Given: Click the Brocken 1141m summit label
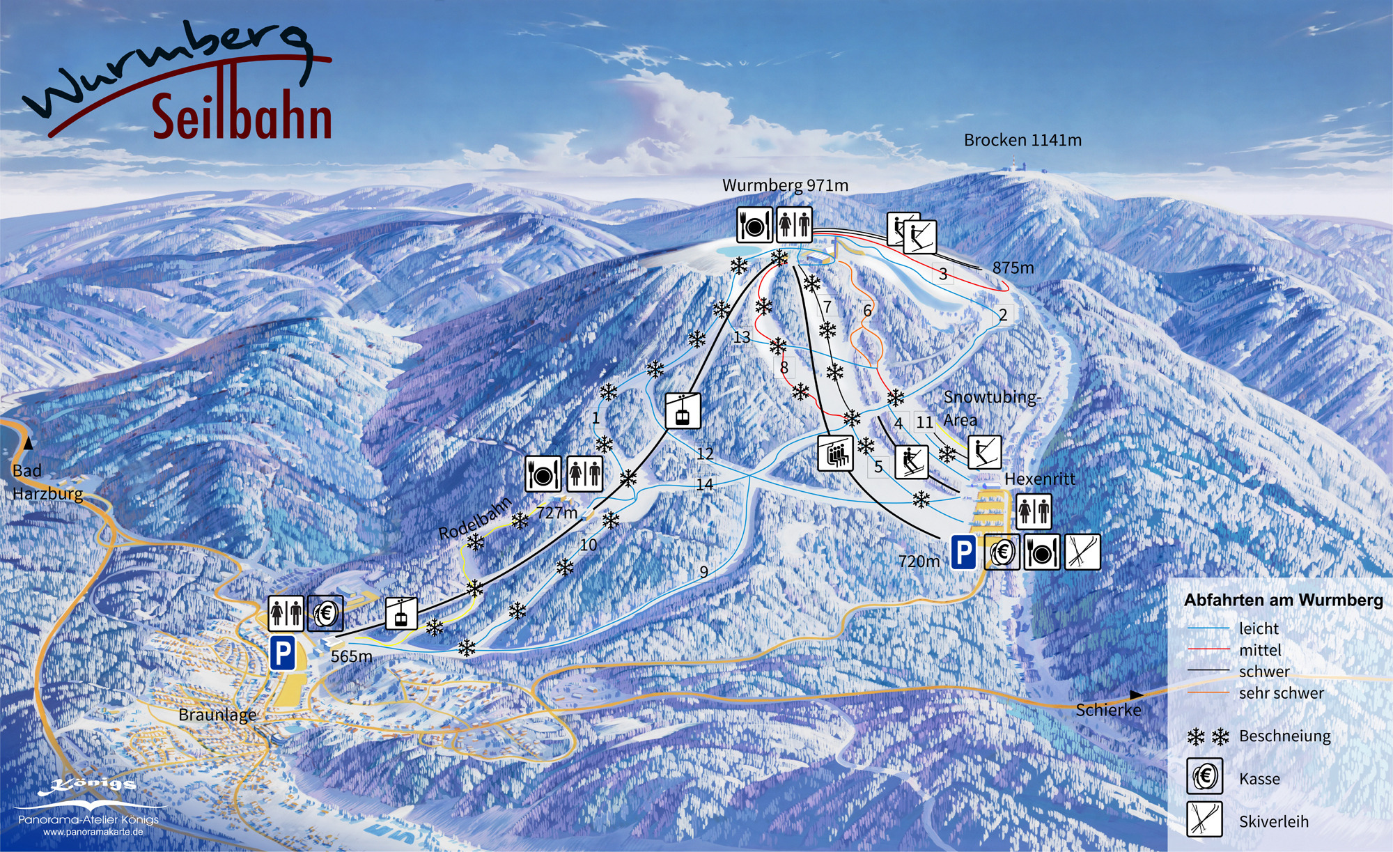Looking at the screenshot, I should (x=1022, y=140).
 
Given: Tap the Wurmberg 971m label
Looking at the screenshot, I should (x=785, y=185).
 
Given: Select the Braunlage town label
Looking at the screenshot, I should (x=217, y=715).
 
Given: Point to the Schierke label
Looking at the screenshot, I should (x=1108, y=710).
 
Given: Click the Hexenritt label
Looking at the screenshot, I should (x=1039, y=479).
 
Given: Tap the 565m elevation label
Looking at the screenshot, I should (x=351, y=656).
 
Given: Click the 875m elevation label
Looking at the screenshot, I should (x=1013, y=268).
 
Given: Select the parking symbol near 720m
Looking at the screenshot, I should (x=963, y=553).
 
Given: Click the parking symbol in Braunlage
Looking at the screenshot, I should (x=283, y=653).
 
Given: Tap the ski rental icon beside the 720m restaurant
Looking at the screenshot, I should (x=1082, y=552).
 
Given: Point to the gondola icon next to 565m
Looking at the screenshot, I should (x=401, y=614).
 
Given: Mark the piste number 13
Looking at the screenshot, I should (x=742, y=337).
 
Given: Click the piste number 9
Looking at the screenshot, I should (x=704, y=572).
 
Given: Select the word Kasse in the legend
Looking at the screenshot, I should (x=1259, y=779).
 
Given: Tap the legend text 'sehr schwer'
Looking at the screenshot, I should (x=1281, y=693).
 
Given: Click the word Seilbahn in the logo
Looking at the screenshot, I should (x=242, y=117).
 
